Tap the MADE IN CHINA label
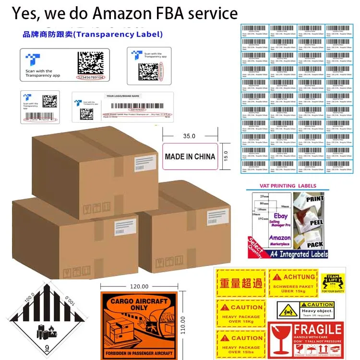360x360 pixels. (x=190, y=156)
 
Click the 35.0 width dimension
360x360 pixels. (x=190, y=136)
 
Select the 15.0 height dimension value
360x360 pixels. (x=225, y=156)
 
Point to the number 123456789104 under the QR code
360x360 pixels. (x=91, y=77)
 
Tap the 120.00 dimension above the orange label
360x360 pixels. (x=139, y=287)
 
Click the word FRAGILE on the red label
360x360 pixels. (x=317, y=330)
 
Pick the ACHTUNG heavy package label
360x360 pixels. (x=292, y=283)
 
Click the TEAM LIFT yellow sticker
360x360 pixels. (x=333, y=283)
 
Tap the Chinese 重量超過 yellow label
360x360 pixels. (x=240, y=283)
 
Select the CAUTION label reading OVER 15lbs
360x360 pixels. (x=240, y=342)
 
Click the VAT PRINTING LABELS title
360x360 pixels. (x=288, y=186)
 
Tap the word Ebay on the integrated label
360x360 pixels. (x=281, y=216)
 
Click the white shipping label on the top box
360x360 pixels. (x=145, y=161)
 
